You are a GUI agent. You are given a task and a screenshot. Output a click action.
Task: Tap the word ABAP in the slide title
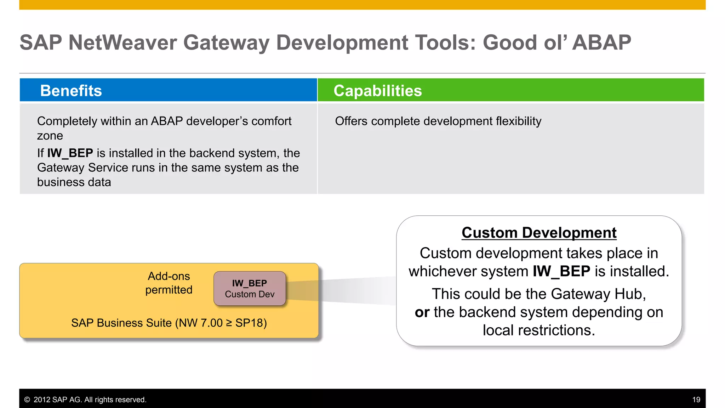coord(601,43)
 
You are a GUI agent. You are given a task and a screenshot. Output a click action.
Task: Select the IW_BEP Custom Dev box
coord(250,289)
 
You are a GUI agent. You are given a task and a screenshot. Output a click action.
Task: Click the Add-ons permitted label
coord(169,283)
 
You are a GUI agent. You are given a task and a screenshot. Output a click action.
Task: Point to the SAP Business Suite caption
coord(169,323)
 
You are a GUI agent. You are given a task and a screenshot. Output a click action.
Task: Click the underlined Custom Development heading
coord(539,233)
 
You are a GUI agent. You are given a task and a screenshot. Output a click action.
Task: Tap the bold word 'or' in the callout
coord(422,312)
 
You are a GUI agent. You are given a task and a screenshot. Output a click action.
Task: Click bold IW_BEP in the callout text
coord(561,271)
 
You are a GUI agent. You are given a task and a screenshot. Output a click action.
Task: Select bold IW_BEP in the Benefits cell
coord(70,153)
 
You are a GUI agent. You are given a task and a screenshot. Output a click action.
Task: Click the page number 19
coord(696,400)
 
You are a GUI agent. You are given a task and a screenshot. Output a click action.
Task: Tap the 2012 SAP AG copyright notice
coord(85,400)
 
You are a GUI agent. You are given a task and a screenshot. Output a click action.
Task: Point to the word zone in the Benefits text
coord(50,136)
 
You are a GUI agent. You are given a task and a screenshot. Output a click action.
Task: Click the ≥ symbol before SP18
coord(229,323)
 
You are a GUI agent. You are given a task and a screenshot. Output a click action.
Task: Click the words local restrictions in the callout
coord(539,330)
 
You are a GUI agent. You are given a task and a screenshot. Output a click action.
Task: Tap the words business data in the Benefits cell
coord(74,182)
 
